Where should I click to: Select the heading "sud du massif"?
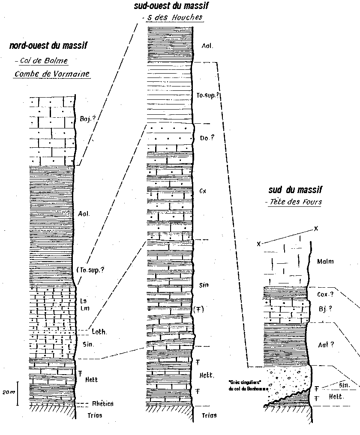click(295, 190)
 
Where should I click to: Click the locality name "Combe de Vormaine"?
click(52, 74)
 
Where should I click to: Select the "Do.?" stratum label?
click(207, 138)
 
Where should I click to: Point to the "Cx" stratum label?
click(204, 191)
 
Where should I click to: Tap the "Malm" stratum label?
click(325, 261)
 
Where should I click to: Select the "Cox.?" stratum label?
click(325, 294)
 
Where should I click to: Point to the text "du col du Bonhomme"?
click(245, 389)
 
